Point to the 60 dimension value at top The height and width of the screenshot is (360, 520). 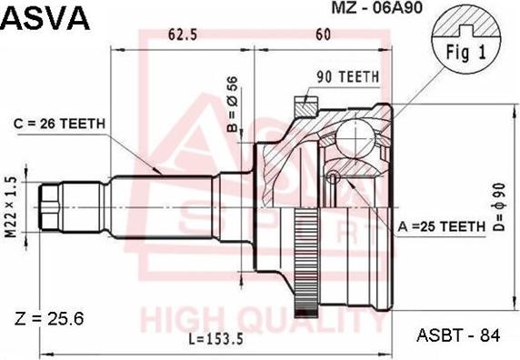(x=322, y=35)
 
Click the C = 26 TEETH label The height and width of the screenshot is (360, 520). (x=59, y=123)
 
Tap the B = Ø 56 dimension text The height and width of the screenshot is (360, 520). (x=234, y=103)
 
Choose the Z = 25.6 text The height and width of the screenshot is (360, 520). (x=50, y=318)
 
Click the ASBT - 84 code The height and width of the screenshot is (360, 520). (x=459, y=335)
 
